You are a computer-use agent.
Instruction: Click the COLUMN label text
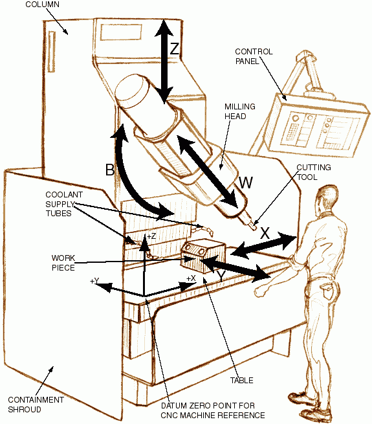click(42, 5)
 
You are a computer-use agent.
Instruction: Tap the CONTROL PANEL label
click(254, 56)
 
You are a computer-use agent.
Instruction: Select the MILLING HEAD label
click(240, 111)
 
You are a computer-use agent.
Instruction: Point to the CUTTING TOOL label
click(314, 172)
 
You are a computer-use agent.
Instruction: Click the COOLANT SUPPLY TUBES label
click(64, 204)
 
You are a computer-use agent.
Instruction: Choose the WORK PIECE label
click(63, 263)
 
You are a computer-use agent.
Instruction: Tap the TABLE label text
click(242, 380)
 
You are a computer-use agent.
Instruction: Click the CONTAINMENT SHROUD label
click(36, 405)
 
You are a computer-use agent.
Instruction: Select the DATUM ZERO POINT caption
click(213, 410)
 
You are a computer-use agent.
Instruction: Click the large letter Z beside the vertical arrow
click(175, 49)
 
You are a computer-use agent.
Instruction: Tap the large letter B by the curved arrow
click(110, 170)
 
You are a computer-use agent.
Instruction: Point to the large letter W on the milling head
click(245, 183)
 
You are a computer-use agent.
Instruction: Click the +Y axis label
click(94, 281)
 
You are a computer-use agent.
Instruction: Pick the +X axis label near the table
click(191, 278)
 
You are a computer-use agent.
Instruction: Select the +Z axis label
click(151, 236)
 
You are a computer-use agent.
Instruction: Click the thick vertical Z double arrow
click(164, 61)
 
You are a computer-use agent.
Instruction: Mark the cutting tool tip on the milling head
click(254, 229)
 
